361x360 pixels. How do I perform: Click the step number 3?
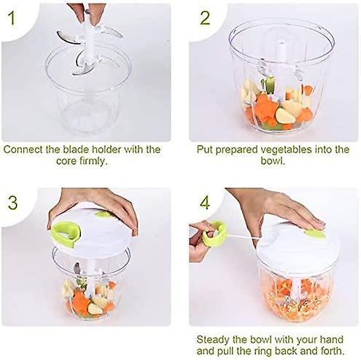click(x=13, y=200)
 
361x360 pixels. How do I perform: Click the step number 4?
click(x=206, y=201)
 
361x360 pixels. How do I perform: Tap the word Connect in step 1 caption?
click(x=24, y=149)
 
